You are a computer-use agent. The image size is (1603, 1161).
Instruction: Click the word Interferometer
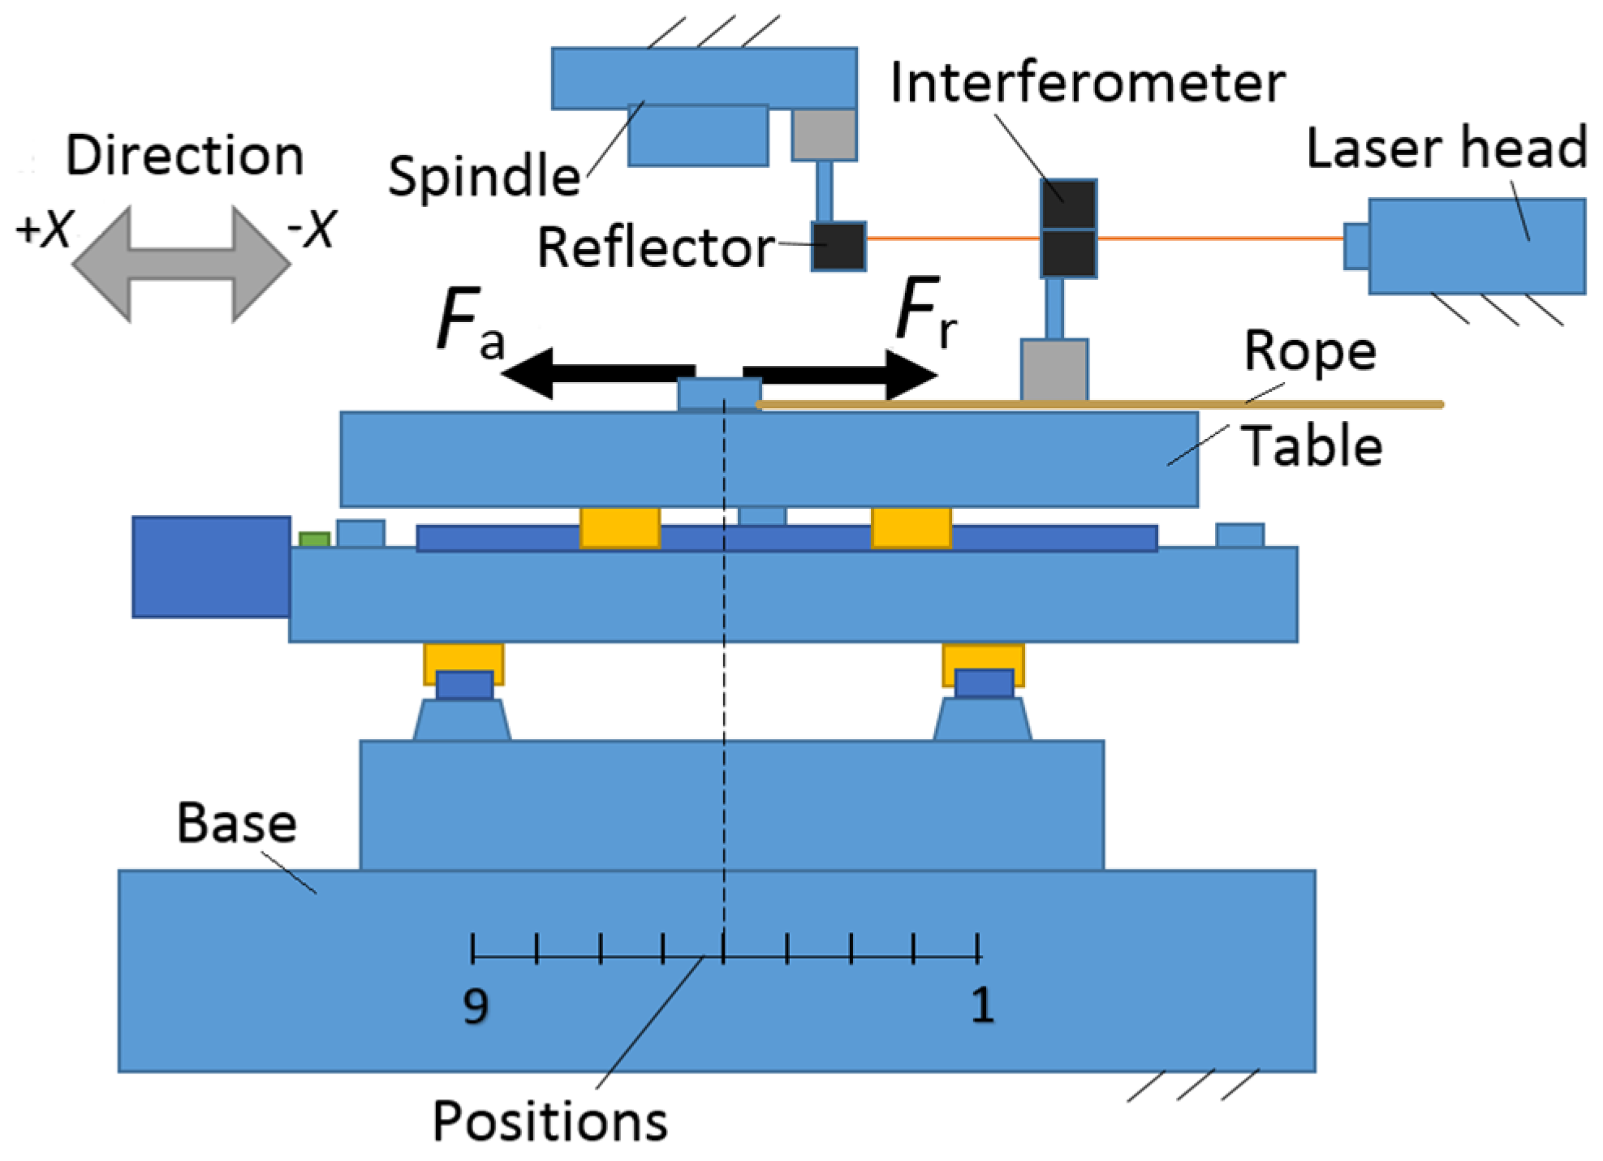1087,83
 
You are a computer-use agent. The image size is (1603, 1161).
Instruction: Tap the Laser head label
1446,148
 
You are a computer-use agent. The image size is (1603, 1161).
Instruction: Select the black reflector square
838,246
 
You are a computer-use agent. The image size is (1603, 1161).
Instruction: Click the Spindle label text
484,176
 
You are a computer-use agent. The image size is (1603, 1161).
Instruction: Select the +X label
45,229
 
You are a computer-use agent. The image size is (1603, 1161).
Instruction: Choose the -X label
312,229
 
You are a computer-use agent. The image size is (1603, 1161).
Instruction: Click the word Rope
1310,351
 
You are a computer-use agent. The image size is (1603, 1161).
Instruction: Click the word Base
236,823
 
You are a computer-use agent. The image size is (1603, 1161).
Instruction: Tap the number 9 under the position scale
476,1006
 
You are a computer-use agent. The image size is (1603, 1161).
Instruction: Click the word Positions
549,1121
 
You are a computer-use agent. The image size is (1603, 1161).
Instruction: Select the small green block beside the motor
314,540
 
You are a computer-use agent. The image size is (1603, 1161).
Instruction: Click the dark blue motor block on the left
211,566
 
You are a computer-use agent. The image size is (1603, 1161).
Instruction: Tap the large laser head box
1476,246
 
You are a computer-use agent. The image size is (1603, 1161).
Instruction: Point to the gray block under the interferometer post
1054,370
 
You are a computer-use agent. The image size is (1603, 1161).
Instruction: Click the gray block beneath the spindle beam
824,135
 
